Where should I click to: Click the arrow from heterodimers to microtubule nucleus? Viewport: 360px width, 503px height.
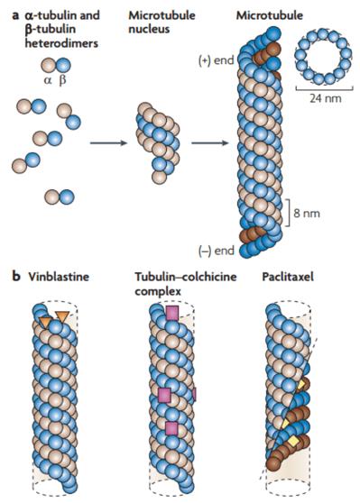pos(105,142)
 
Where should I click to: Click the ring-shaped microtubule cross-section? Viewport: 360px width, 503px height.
pos(315,57)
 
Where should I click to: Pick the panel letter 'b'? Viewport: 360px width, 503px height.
pos(8,278)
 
